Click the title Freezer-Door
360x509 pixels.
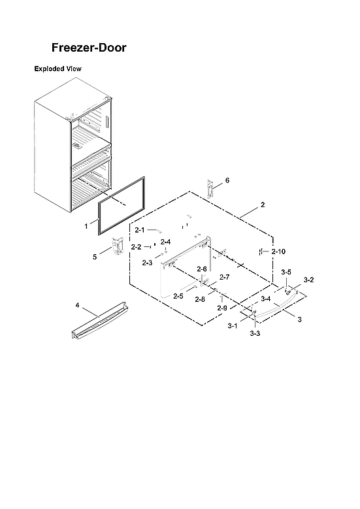tap(90, 48)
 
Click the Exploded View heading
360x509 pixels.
tap(57, 69)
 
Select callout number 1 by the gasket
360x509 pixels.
tap(86, 225)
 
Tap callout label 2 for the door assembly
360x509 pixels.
tap(262, 205)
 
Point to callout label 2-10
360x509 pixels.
tap(278, 252)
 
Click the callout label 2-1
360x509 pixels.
tap(140, 230)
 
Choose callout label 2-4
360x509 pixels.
tap(165, 242)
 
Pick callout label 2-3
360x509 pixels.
tap(147, 263)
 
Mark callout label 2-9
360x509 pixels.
tap(222, 308)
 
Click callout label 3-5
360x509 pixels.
tap(286, 272)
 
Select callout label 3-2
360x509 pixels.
tap(309, 280)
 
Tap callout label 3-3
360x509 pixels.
tap(255, 333)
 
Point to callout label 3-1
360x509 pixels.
tap(233, 325)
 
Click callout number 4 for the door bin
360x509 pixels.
tap(77, 305)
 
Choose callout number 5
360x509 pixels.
tap(94, 257)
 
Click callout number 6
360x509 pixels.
tap(227, 180)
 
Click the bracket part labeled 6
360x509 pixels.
tap(210, 188)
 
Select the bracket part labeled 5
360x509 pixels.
tap(118, 247)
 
